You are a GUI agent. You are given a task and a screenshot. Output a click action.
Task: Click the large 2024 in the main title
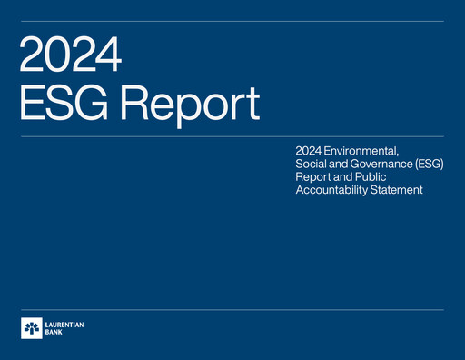(70, 55)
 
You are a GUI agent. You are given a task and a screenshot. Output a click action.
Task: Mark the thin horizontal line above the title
(232, 20)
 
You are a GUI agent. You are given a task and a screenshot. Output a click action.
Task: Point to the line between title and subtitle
(232, 136)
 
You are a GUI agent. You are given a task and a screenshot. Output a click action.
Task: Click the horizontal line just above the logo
(232, 309)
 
